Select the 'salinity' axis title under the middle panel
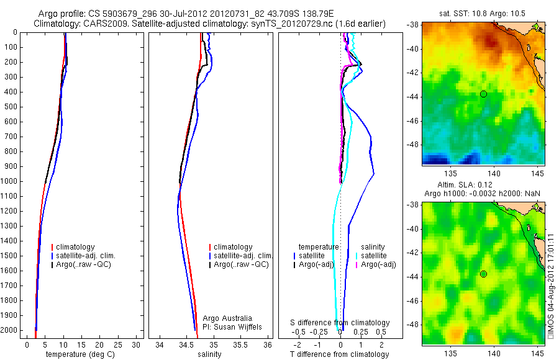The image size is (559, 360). pos(209,354)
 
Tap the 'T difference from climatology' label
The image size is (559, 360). pos(340,354)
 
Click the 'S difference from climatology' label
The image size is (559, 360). pos(340,323)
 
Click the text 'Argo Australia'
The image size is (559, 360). pos(227,318)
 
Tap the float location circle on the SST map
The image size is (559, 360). pos(483,94)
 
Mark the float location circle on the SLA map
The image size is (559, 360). pos(483,274)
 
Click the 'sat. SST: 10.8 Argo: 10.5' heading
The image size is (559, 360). pos(483,13)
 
